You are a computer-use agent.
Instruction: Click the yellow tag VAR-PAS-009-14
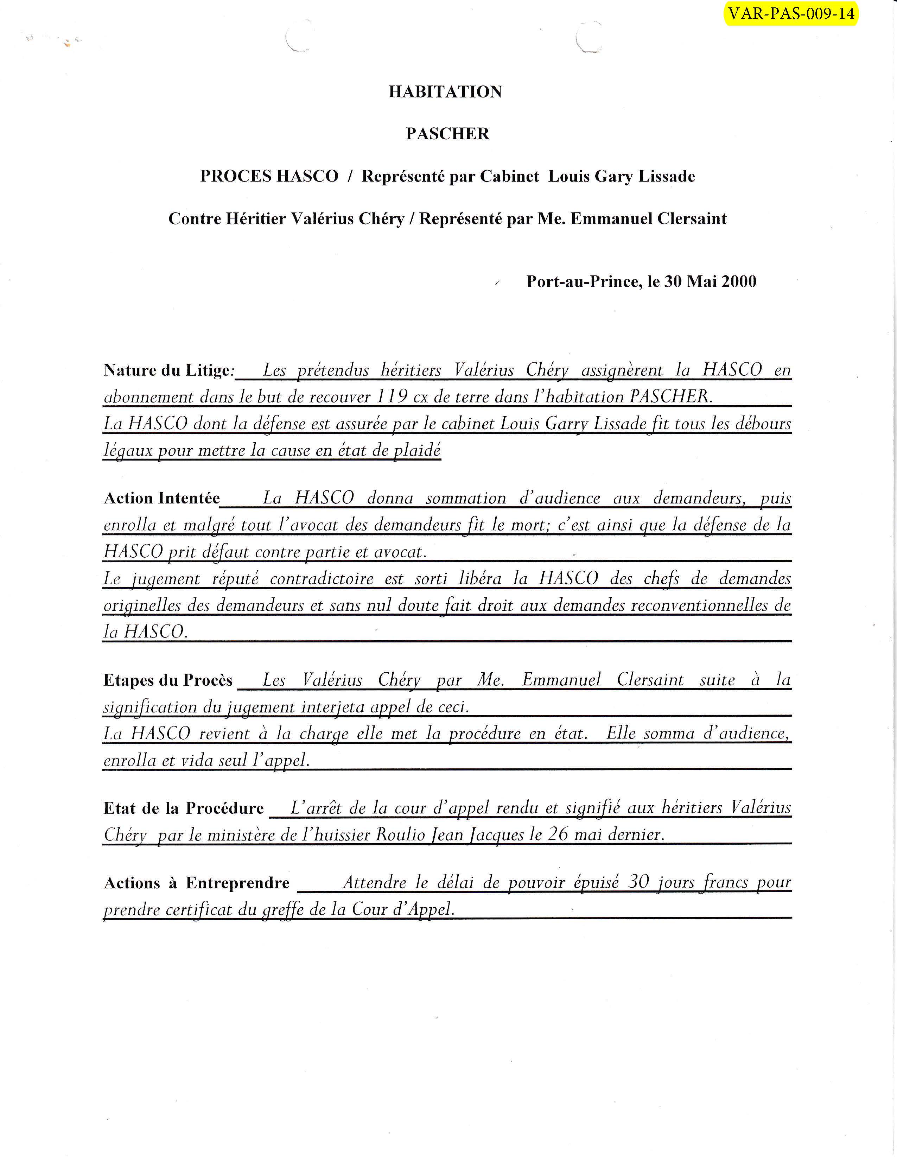(791, 13)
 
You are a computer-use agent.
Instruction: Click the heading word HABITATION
(445, 91)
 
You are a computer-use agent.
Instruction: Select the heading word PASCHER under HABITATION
(447, 133)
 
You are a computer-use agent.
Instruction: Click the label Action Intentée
(161, 498)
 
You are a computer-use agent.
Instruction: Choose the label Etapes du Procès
(168, 680)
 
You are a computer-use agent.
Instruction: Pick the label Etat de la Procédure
(183, 808)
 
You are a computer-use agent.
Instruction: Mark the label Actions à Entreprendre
(197, 883)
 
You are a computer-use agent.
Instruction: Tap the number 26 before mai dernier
(558, 834)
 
